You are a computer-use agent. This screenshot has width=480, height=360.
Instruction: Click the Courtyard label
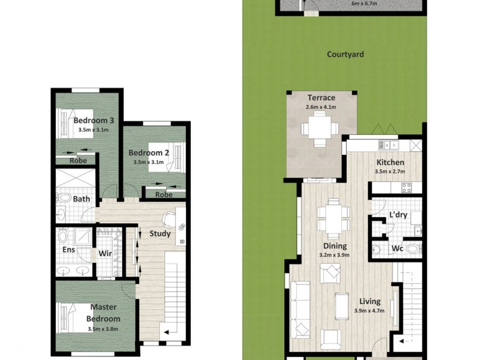[x=345, y=55]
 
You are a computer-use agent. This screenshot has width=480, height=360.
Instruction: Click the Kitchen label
[x=390, y=163]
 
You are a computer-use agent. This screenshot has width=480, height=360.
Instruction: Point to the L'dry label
[x=398, y=214]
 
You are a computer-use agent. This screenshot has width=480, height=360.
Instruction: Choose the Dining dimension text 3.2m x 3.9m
[x=334, y=255]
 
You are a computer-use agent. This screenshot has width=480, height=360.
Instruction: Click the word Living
[x=370, y=302]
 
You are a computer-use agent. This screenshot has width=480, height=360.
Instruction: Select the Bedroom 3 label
[x=94, y=121]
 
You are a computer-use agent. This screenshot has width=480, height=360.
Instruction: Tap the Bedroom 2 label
[x=149, y=152]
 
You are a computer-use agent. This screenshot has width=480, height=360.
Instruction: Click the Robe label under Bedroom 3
[x=78, y=161]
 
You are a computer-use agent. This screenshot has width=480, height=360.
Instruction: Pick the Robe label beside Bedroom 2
[x=164, y=194]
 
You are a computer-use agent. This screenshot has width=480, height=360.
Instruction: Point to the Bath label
[x=82, y=199]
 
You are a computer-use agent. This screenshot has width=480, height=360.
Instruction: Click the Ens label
[x=68, y=250]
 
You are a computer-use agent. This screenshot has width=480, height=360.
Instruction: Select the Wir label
[x=105, y=254]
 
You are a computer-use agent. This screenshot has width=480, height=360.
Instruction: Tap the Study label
[x=160, y=233]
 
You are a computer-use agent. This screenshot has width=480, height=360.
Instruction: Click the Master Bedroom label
[x=103, y=313]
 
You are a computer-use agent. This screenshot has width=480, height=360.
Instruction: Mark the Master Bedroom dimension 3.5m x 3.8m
[x=103, y=329]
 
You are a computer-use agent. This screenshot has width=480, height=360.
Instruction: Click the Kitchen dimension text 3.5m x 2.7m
[x=390, y=172]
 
